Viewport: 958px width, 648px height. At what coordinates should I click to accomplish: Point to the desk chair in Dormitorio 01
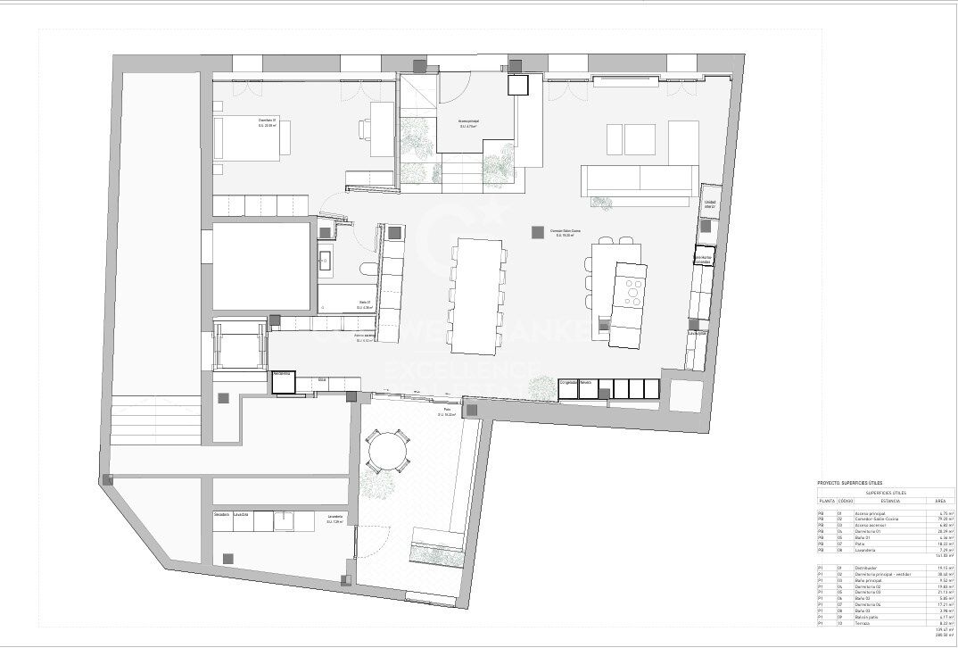[367, 130]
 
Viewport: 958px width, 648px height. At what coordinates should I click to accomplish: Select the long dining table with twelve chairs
[476, 294]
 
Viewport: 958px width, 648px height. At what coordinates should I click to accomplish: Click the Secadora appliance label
[222, 514]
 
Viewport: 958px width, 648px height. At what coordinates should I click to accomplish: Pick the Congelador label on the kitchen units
[568, 382]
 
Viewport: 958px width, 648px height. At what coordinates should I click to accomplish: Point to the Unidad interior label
[710, 204]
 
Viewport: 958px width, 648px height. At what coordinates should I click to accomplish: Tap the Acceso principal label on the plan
[467, 123]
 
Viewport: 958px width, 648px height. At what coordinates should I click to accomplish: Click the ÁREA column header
[940, 502]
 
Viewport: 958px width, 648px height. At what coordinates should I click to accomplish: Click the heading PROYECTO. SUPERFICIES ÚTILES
[849, 483]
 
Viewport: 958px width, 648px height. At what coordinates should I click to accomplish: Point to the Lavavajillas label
[698, 334]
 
